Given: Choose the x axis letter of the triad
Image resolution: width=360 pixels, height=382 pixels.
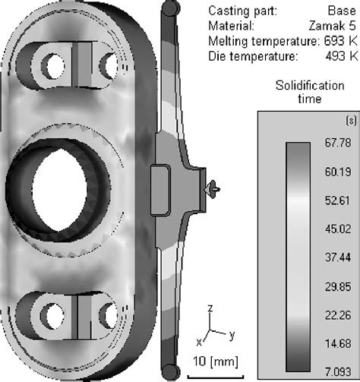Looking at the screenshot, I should click(199, 341).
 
